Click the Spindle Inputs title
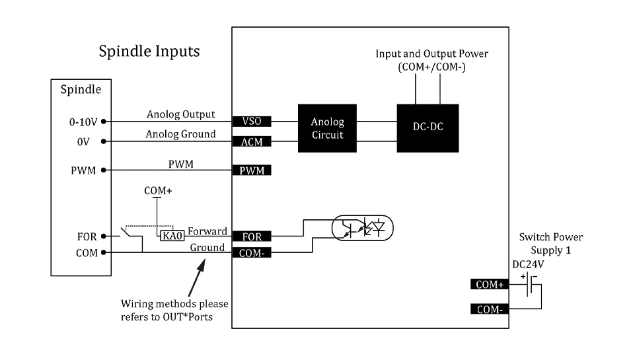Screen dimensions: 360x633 tap(149, 51)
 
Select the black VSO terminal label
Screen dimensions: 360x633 tap(252, 122)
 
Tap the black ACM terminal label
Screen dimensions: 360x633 tap(252, 141)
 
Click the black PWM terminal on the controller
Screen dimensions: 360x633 tap(252, 170)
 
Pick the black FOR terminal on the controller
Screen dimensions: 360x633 tap(252, 236)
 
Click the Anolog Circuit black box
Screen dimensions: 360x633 tap(327, 128)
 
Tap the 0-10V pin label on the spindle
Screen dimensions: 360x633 tap(83, 122)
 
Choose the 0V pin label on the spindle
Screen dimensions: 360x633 tap(83, 141)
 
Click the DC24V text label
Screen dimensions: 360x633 tap(528, 264)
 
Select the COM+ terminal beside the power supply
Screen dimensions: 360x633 tap(490, 285)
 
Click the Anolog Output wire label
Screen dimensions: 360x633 tap(180, 114)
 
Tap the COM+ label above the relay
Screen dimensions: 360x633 tap(158, 190)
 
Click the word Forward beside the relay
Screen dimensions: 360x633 tap(207, 232)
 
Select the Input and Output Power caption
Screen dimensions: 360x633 tap(432, 59)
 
